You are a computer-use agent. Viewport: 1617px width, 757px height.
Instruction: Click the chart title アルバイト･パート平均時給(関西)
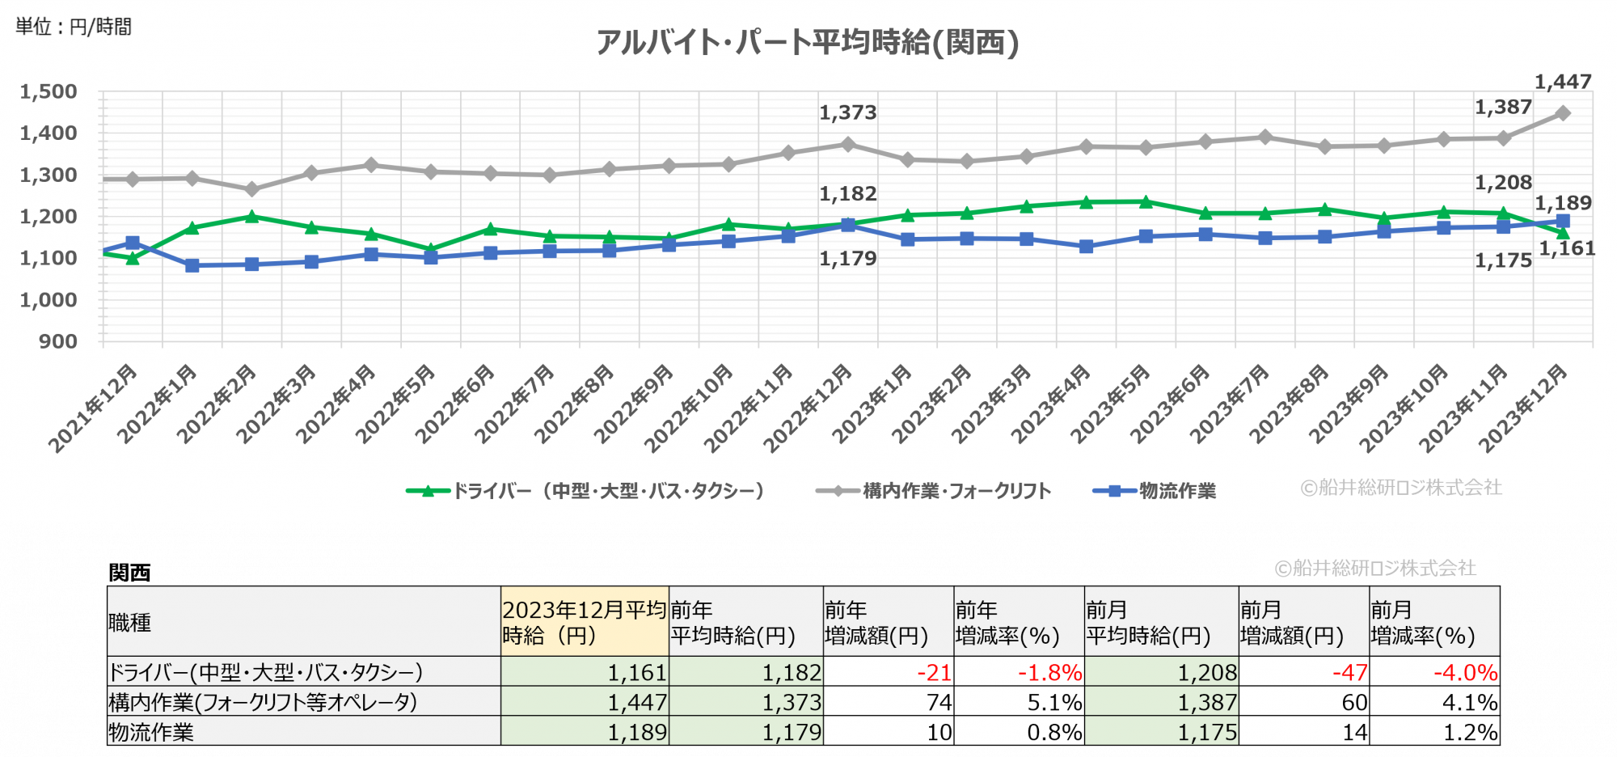pos(807,42)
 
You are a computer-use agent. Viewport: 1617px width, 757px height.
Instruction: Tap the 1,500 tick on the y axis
pos(49,92)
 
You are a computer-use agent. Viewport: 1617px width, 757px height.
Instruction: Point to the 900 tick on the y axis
pos(58,341)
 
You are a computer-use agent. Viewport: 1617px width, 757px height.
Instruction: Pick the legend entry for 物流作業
pos(1155,491)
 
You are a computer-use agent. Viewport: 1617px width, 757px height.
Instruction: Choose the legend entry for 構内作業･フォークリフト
pos(934,491)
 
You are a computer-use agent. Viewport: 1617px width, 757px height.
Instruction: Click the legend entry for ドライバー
pos(585,491)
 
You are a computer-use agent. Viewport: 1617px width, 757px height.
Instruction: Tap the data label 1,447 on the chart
pos(1563,82)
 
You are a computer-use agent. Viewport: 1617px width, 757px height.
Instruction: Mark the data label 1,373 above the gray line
pos(847,112)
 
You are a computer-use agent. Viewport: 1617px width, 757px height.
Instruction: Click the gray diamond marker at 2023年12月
pos(1563,113)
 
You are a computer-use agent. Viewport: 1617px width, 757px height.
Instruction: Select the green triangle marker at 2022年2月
pos(251,216)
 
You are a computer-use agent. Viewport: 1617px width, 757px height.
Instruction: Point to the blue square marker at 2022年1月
pos(192,265)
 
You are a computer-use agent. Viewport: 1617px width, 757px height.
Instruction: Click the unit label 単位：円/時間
pos(74,27)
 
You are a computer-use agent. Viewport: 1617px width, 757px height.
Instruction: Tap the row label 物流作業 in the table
pos(152,733)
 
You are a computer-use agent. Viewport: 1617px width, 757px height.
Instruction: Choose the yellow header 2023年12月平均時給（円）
pos(584,622)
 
